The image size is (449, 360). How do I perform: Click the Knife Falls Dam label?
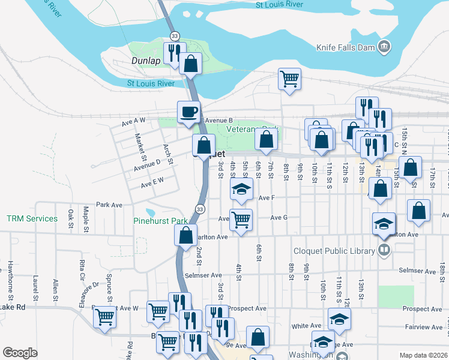tap(345, 47)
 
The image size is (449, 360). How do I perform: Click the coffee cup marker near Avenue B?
tap(188, 112)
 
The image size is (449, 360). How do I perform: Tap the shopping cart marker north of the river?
tap(289, 79)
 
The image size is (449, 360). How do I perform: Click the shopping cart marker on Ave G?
tap(241, 219)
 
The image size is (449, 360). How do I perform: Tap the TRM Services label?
tap(32, 218)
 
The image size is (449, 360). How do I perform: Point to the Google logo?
tap(20, 353)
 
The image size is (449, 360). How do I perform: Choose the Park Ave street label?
tap(109, 205)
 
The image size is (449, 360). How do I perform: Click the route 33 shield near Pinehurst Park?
tap(200, 208)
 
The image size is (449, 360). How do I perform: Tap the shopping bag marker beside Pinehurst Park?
tap(185, 235)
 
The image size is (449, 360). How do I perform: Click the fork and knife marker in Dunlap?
tap(174, 52)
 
